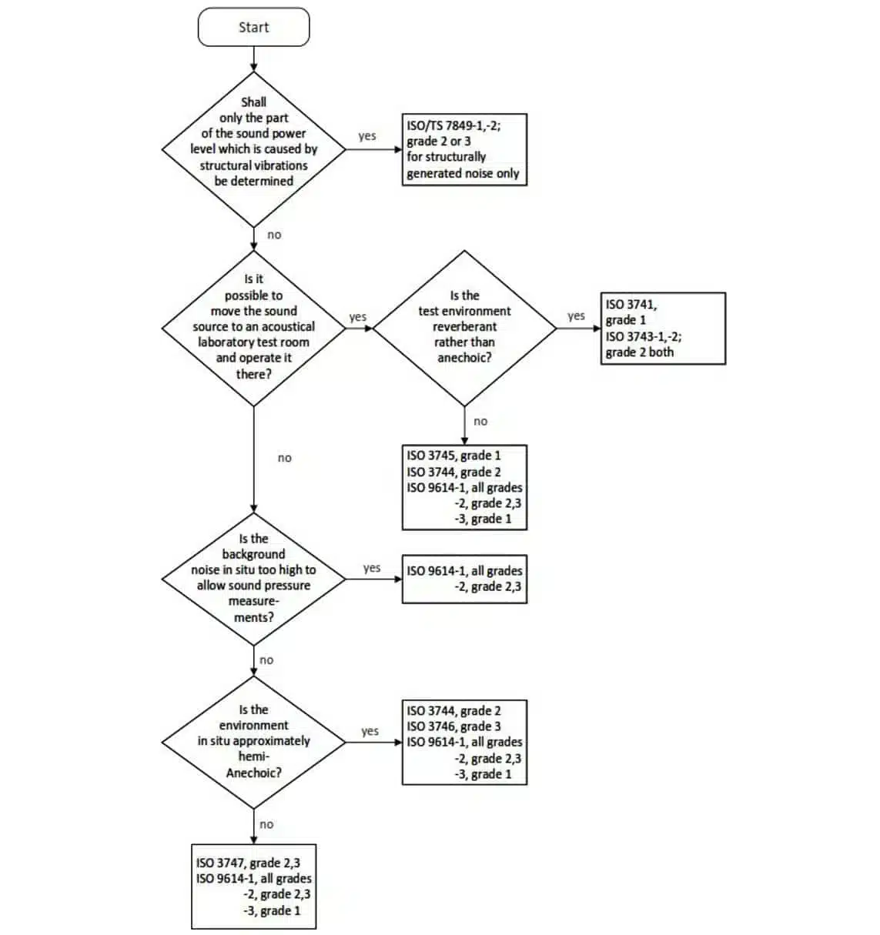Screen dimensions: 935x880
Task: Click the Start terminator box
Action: pos(253,28)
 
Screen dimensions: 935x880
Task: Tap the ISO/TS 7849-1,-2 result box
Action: pos(464,149)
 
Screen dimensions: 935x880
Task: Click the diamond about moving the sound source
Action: pos(253,327)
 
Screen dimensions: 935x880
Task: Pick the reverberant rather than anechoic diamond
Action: pos(464,327)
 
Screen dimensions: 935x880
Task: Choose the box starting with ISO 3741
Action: pos(663,328)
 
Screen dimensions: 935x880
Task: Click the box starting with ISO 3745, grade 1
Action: pos(464,487)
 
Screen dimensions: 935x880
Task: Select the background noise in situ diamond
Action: pos(253,578)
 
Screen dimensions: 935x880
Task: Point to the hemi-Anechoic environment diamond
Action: pos(253,741)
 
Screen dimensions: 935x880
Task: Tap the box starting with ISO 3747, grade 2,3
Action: pos(253,887)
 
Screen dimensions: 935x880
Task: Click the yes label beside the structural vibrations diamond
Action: pos(367,136)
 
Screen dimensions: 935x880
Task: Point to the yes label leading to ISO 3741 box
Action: pos(576,316)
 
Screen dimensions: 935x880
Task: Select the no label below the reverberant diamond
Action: pos(480,422)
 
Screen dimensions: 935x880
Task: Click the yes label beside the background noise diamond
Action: pos(372,568)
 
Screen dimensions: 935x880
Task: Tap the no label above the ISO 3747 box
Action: pos(266,824)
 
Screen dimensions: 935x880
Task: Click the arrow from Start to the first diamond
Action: pos(253,58)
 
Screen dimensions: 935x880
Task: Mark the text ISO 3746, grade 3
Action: pos(453,726)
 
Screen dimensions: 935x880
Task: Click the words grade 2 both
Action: pos(639,352)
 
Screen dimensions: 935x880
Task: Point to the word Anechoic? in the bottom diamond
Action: pos(253,773)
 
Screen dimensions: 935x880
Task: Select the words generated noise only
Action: pos(463,174)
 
